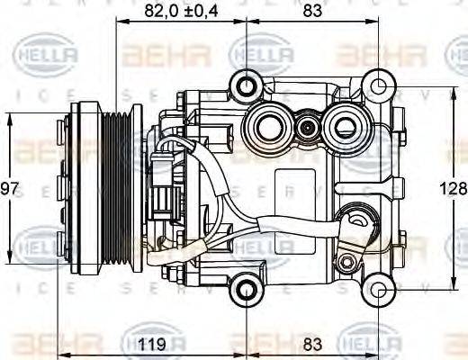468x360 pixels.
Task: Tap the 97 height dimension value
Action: pyautogui.click(x=9, y=189)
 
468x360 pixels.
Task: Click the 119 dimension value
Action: pyautogui.click(x=159, y=343)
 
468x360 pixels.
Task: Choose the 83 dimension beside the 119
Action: pyautogui.click(x=311, y=343)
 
